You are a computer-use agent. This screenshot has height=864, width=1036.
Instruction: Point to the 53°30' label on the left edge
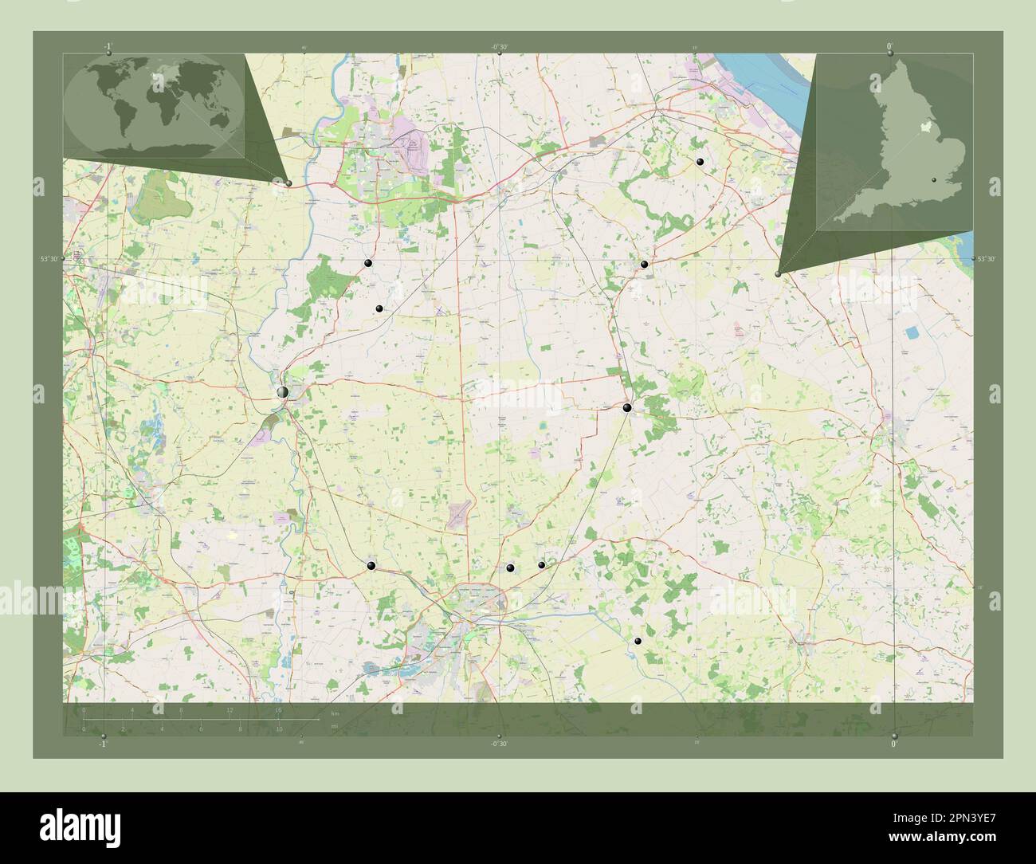click(49, 259)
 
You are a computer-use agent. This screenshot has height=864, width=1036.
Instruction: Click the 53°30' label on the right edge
click(987, 259)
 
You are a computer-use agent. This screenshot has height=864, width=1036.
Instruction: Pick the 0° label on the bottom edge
click(894, 744)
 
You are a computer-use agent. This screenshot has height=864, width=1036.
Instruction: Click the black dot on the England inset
click(934, 181)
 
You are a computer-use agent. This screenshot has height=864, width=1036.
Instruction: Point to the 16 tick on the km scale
click(278, 709)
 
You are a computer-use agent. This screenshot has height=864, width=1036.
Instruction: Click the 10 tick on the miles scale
click(279, 729)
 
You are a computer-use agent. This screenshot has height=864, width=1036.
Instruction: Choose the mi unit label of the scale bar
click(335, 725)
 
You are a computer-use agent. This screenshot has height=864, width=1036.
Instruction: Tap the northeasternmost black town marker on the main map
click(700, 162)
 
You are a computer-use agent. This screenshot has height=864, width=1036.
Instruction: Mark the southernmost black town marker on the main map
click(638, 641)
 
